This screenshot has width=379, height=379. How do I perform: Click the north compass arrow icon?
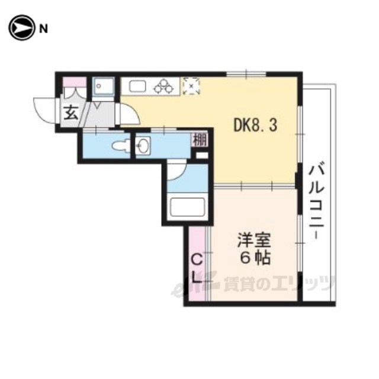pyautogui.click(x=21, y=28)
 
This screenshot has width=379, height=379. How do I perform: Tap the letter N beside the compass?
pyautogui.click(x=43, y=29)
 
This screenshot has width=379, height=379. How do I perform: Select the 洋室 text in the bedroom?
pyautogui.click(x=254, y=240)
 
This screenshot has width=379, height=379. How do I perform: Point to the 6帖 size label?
pyautogui.click(x=255, y=258)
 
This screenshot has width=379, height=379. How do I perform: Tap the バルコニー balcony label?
pyautogui.click(x=316, y=202)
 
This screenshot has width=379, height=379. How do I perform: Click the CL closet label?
pyautogui.click(x=197, y=269)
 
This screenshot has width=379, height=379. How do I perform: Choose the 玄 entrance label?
pyautogui.click(x=71, y=113)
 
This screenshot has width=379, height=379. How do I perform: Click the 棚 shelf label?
pyautogui.click(x=200, y=140)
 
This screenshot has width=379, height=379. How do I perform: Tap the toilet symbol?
pyautogui.click(x=121, y=146)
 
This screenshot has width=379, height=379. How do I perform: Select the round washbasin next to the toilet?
pyautogui.click(x=143, y=146)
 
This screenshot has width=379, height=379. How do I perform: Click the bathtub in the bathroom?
pyautogui.click(x=188, y=207)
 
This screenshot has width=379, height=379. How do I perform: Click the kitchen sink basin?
pyautogui.click(x=137, y=86)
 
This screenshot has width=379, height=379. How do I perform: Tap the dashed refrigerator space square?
pyautogui.click(x=191, y=86)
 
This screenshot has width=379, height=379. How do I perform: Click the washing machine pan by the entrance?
pyautogui.click(x=104, y=86)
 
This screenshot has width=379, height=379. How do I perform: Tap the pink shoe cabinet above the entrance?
pyautogui.click(x=75, y=82)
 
